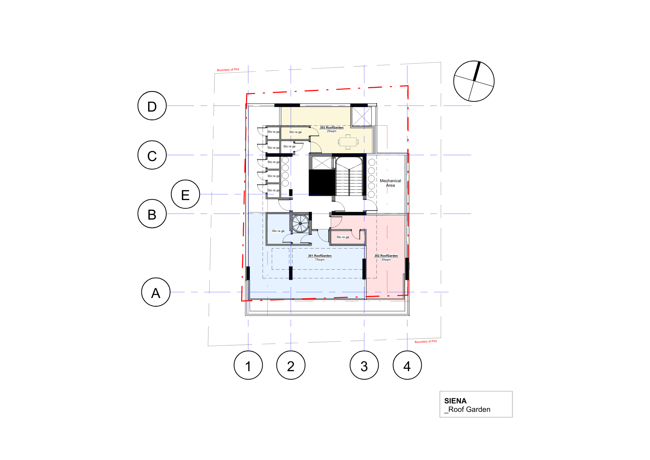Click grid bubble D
(152, 106)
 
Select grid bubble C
(152, 155)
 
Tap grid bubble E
(185, 194)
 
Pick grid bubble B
(152, 214)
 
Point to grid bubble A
(156, 292)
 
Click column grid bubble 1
(248, 365)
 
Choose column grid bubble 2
(291, 365)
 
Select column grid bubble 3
(364, 365)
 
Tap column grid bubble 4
(407, 365)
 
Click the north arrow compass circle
(474, 81)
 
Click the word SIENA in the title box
(455, 401)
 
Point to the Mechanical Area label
(390, 183)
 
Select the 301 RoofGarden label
(320, 256)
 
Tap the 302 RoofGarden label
(386, 256)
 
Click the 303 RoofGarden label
(331, 128)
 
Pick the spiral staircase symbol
(300, 223)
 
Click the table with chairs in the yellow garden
(348, 142)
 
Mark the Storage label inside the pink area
(343, 237)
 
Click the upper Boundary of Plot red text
(228, 70)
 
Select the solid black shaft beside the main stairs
(321, 183)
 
